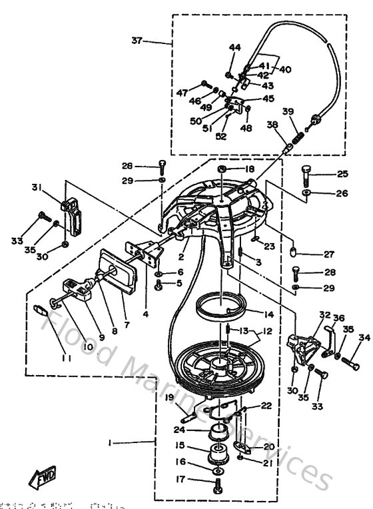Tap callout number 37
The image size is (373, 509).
137,41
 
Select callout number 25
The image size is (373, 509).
342,175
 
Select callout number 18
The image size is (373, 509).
249,170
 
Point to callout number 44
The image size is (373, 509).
234,47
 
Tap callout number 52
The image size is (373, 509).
220,136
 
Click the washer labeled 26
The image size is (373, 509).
306,193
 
